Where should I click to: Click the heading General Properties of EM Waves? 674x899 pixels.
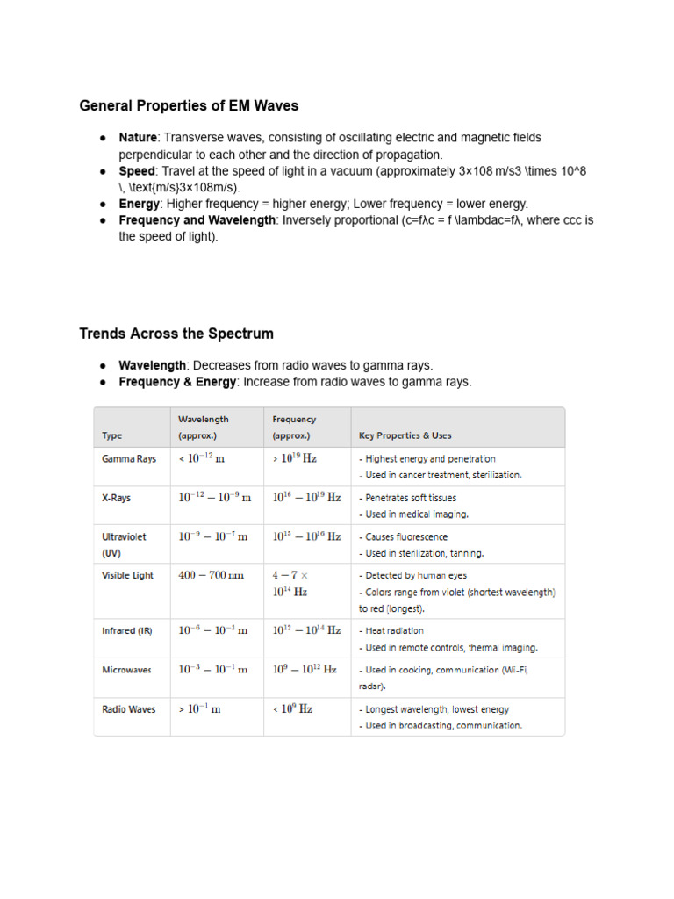tap(189, 106)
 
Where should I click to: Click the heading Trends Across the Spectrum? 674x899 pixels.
tap(176, 334)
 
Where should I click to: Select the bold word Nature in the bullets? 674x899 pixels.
tap(138, 138)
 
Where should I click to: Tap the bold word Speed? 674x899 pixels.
tap(137, 171)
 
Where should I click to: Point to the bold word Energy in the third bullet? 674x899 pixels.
tap(140, 204)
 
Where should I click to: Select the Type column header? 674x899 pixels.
tap(112, 435)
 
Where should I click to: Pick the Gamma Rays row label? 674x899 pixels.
tap(129, 458)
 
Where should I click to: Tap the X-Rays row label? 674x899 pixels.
tap(117, 498)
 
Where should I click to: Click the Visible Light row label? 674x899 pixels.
tap(128, 575)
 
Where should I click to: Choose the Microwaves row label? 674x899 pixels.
tap(127, 670)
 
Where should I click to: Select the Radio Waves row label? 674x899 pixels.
tap(129, 709)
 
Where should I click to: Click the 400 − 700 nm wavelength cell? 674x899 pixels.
tap(212, 575)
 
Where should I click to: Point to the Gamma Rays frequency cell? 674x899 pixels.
tap(294, 458)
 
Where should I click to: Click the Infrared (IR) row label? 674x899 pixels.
tap(127, 630)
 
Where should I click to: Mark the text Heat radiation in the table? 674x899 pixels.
tap(394, 630)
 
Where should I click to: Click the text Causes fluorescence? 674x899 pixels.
tap(406, 536)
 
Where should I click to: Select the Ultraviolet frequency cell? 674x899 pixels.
tap(306, 536)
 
